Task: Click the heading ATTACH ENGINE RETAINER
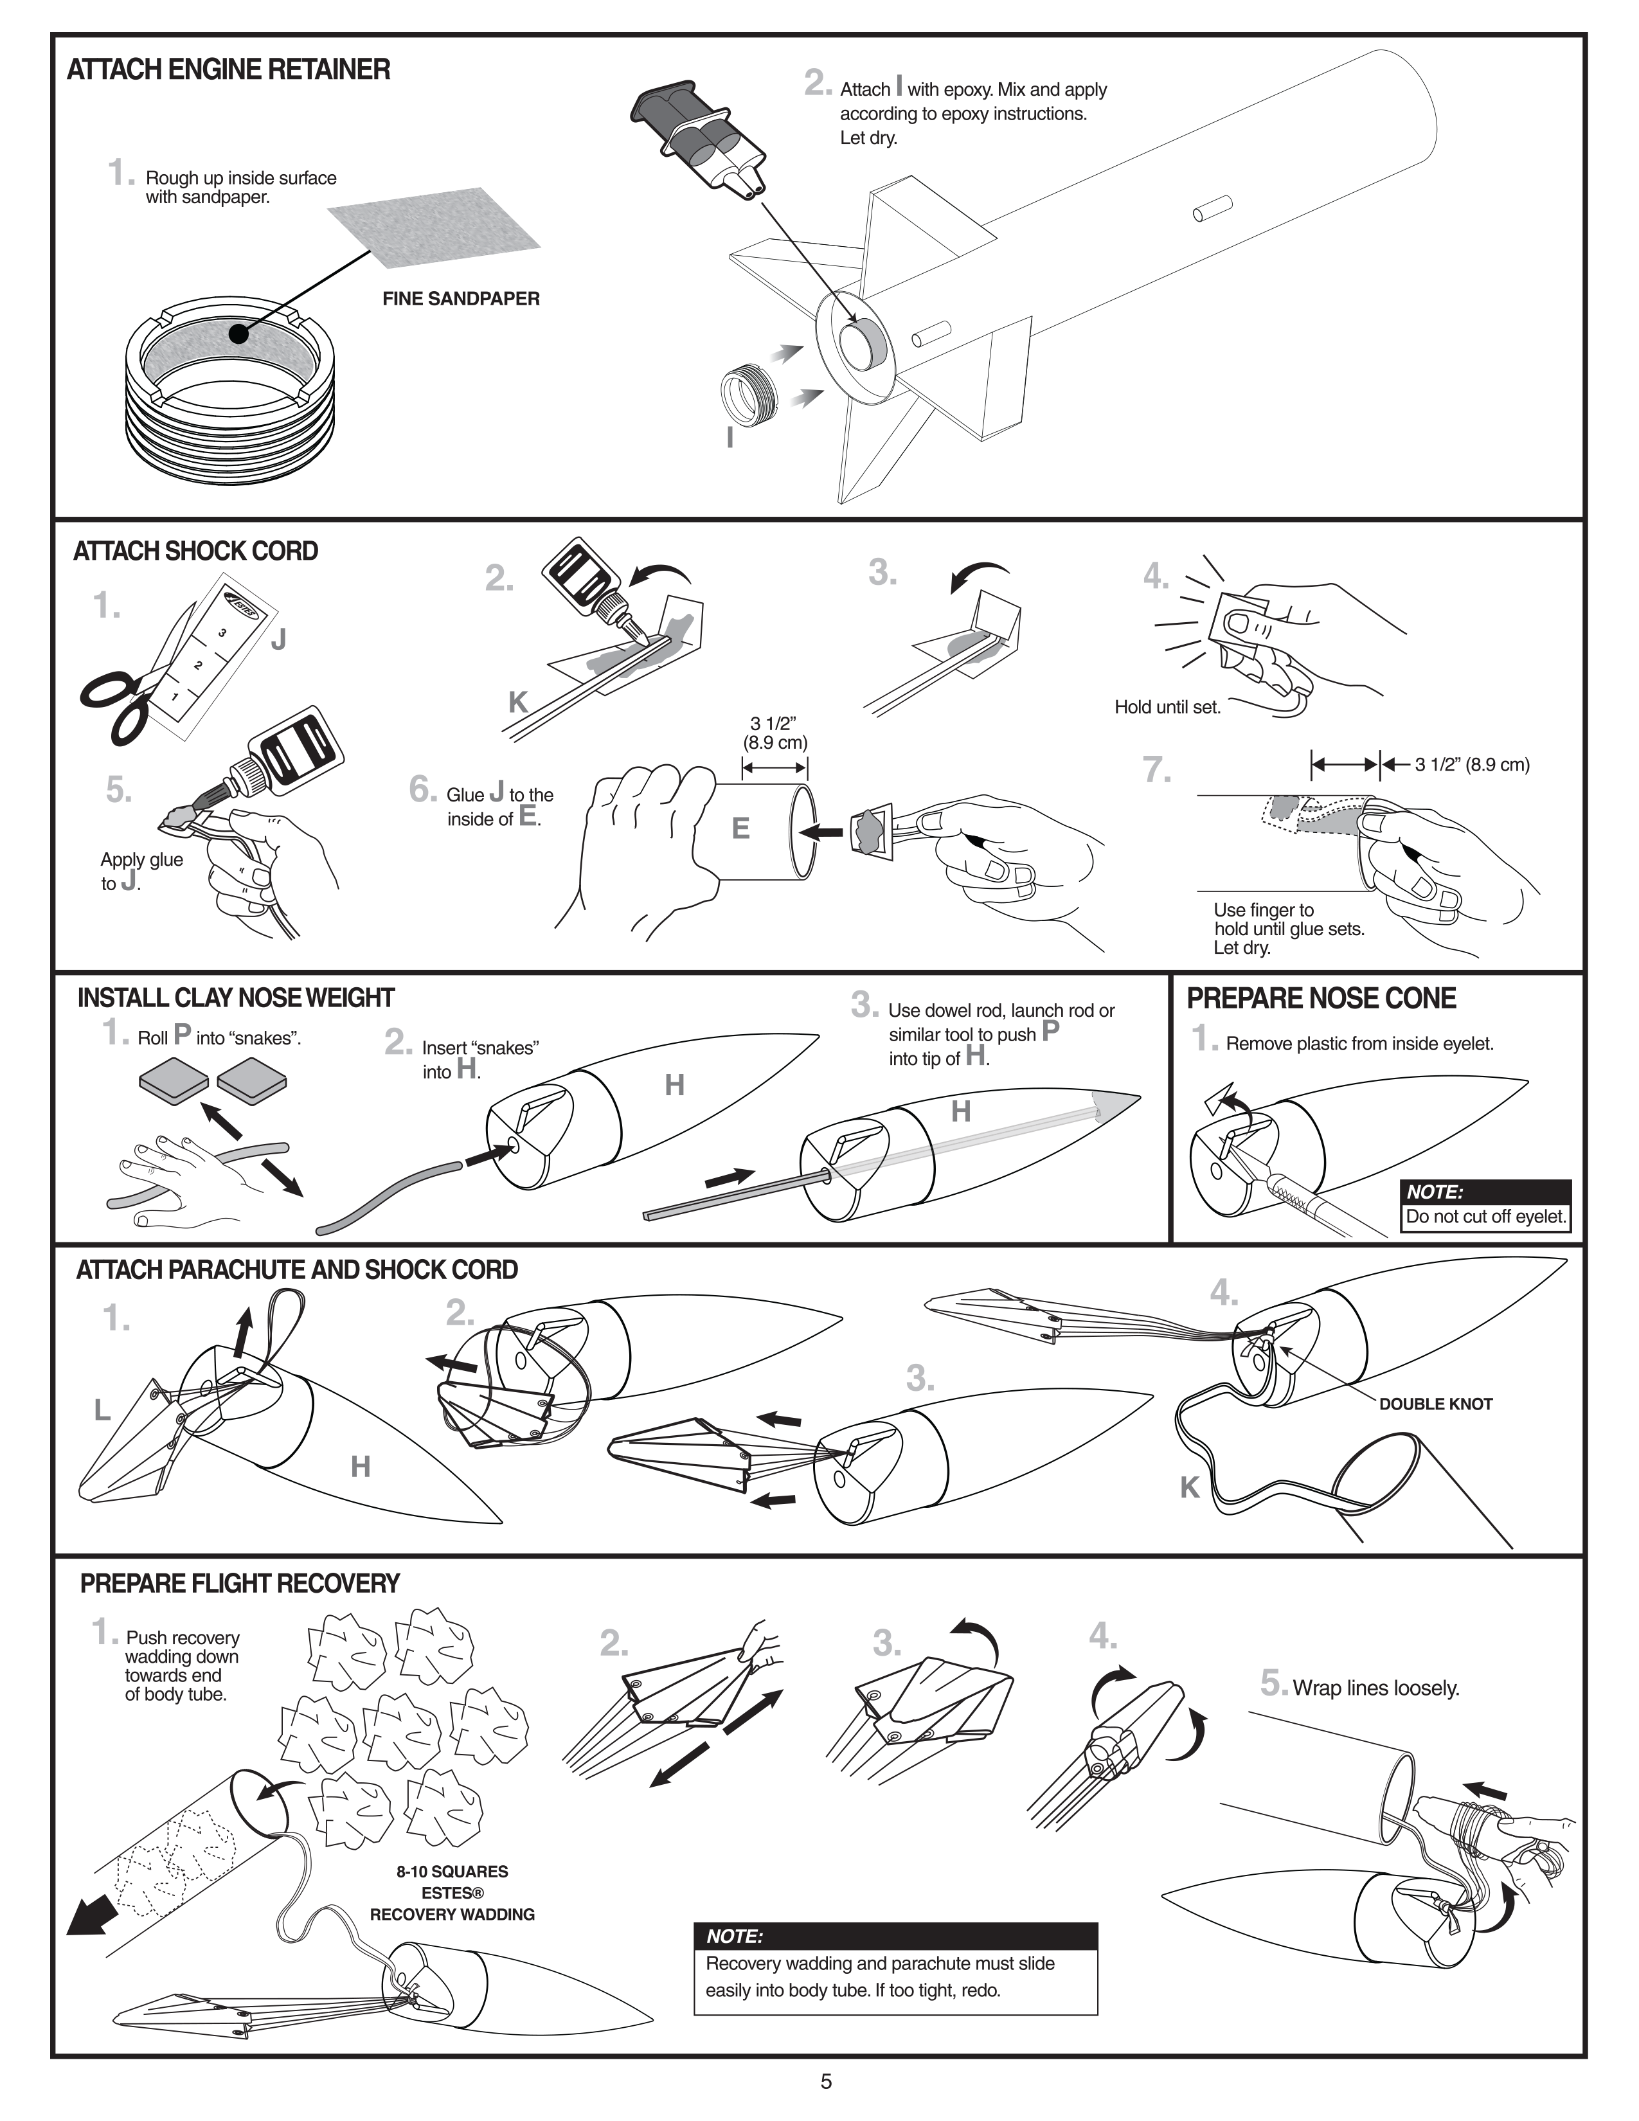pyautogui.click(x=228, y=70)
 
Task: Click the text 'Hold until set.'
pyautogui.click(x=1167, y=707)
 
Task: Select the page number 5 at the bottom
pyautogui.click(x=827, y=2081)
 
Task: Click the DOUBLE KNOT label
pyautogui.click(x=1435, y=1404)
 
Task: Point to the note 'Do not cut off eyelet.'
pyautogui.click(x=1485, y=1217)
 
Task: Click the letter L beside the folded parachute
pyautogui.click(x=102, y=1411)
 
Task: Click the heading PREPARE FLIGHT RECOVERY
pyautogui.click(x=240, y=1584)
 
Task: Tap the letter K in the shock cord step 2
pyautogui.click(x=517, y=702)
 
